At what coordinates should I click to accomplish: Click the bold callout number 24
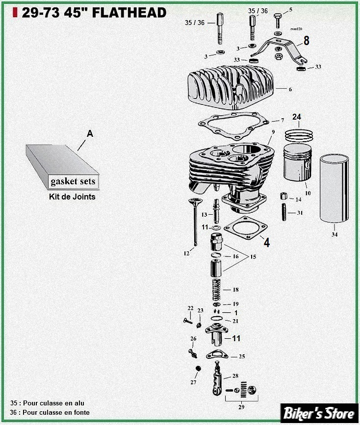tap(296, 117)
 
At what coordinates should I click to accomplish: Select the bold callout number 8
tap(307, 41)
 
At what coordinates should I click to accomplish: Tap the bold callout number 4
tap(266, 242)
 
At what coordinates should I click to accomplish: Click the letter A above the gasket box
tap(89, 133)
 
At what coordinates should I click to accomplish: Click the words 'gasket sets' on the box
tap(73, 181)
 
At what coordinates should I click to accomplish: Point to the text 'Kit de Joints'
tap(72, 197)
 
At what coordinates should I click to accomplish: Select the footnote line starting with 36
tap(50, 412)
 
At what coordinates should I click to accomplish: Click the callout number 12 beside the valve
tap(186, 253)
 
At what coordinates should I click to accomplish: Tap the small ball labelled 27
tap(198, 368)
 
